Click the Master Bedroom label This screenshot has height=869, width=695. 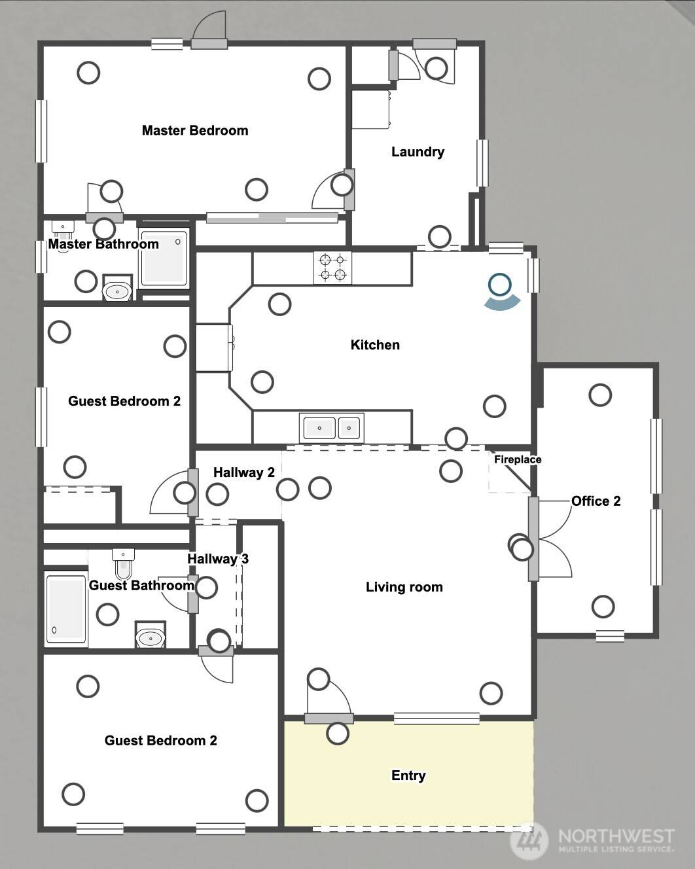[195, 130]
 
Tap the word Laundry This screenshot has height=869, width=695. [418, 152]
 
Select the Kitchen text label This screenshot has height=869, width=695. [375, 345]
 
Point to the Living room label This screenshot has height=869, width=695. [404, 587]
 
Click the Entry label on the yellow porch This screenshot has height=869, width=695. [408, 775]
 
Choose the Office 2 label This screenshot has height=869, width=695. [596, 501]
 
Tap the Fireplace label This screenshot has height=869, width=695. [517, 459]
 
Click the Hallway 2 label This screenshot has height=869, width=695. [243, 472]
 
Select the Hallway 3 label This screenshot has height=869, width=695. [218, 559]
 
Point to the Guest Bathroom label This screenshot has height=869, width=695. [141, 585]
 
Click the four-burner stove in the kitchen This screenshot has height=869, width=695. [332, 268]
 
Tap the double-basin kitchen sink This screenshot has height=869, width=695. [331, 428]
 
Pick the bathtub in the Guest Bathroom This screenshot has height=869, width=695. [66, 609]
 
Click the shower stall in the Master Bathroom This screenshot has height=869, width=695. [164, 259]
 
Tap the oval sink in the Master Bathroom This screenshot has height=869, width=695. [117, 291]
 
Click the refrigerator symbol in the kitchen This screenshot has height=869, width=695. [214, 347]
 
